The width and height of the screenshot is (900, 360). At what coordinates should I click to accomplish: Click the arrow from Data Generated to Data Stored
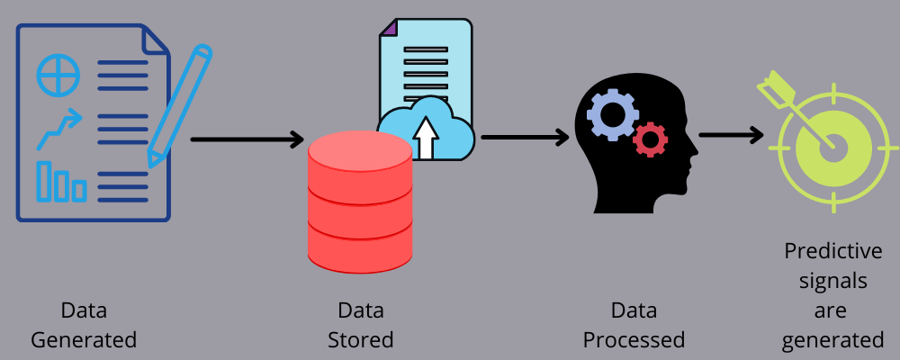247,139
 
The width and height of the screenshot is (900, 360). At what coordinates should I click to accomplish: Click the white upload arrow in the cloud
427,139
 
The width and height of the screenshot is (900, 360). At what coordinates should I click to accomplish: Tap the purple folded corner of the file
389,28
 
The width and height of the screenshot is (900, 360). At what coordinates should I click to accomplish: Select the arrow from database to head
525,138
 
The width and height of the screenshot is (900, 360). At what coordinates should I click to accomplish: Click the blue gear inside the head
613,115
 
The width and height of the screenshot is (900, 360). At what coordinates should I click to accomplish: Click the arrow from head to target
730,135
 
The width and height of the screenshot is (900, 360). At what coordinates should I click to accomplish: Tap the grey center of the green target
832,147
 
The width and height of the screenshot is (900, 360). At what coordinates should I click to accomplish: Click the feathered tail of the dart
772,88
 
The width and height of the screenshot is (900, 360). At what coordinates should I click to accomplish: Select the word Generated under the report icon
84,340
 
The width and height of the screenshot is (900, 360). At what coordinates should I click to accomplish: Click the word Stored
360,340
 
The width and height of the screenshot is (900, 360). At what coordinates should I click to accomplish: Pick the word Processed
634,340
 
